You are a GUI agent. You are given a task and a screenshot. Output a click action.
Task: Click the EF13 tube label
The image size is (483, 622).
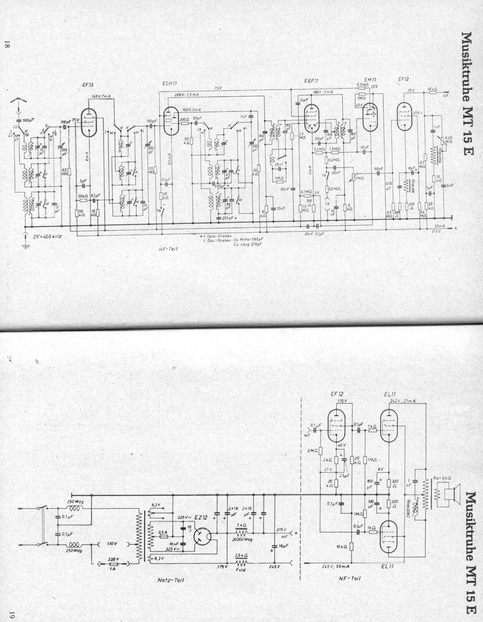pyautogui.click(x=87, y=86)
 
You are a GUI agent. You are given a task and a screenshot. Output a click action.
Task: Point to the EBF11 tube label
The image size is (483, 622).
pyautogui.click(x=312, y=80)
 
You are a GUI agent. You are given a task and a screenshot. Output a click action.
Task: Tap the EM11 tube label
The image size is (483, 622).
pyautogui.click(x=369, y=79)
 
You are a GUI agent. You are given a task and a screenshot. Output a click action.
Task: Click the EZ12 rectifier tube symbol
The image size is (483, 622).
pyautogui.click(x=203, y=534)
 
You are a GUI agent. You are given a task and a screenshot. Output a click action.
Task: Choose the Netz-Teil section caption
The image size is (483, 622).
pyautogui.click(x=173, y=580)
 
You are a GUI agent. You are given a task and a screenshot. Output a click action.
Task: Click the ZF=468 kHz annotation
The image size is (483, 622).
pyautogui.click(x=47, y=236)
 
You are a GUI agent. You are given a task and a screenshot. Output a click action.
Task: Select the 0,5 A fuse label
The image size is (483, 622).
pyautogui.click(x=164, y=532)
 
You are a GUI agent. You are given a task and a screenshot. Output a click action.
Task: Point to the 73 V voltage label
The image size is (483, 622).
pyautogui.click(x=217, y=88)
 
